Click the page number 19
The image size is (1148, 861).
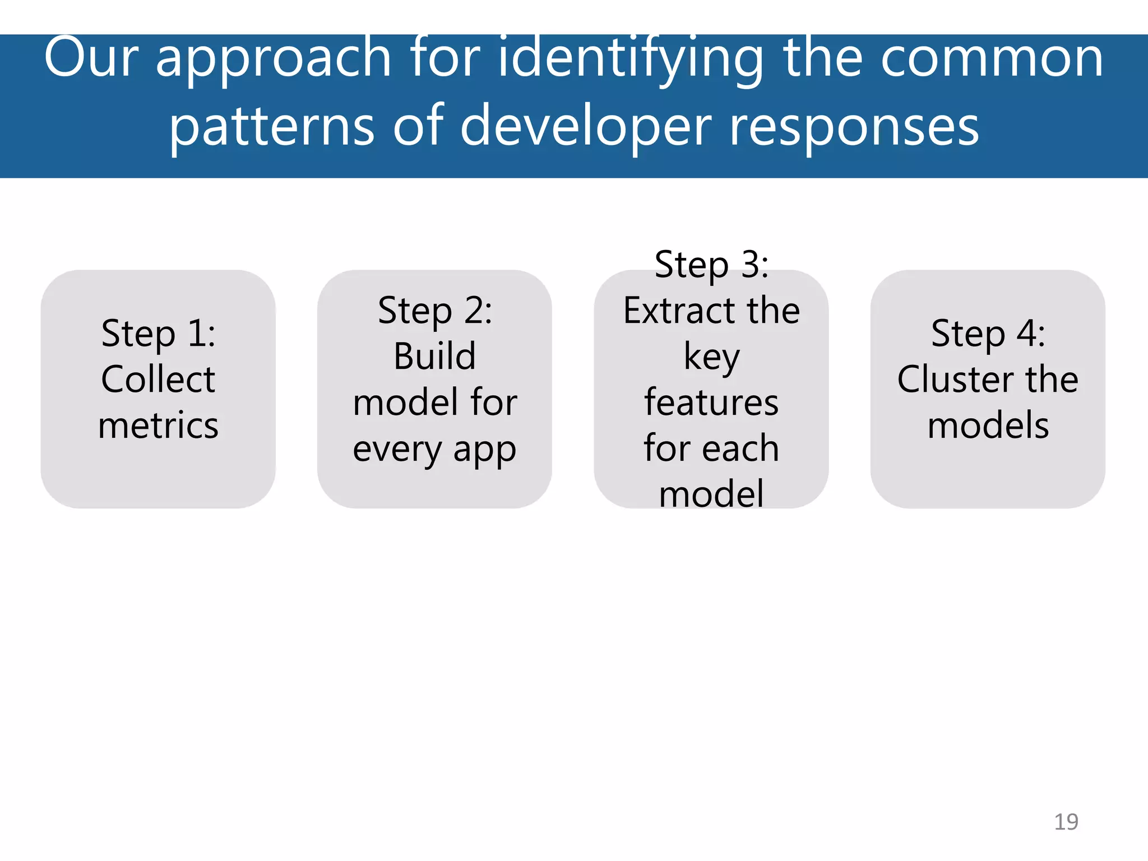coord(1066,822)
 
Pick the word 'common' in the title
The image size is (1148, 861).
coord(992,58)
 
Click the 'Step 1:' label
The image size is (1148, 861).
coord(158,334)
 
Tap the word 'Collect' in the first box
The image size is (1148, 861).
coord(158,379)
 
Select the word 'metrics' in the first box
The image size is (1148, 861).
coord(158,425)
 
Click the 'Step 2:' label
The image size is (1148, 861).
coord(435,311)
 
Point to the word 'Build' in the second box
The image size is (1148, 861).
coord(435,357)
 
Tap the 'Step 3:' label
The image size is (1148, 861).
coord(711,265)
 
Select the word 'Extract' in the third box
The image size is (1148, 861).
coord(674,311)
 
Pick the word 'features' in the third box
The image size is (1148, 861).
coord(711,402)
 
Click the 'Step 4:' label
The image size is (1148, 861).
coord(988,334)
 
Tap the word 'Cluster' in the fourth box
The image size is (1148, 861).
coord(956,379)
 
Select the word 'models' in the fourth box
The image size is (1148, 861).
coord(988,425)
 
